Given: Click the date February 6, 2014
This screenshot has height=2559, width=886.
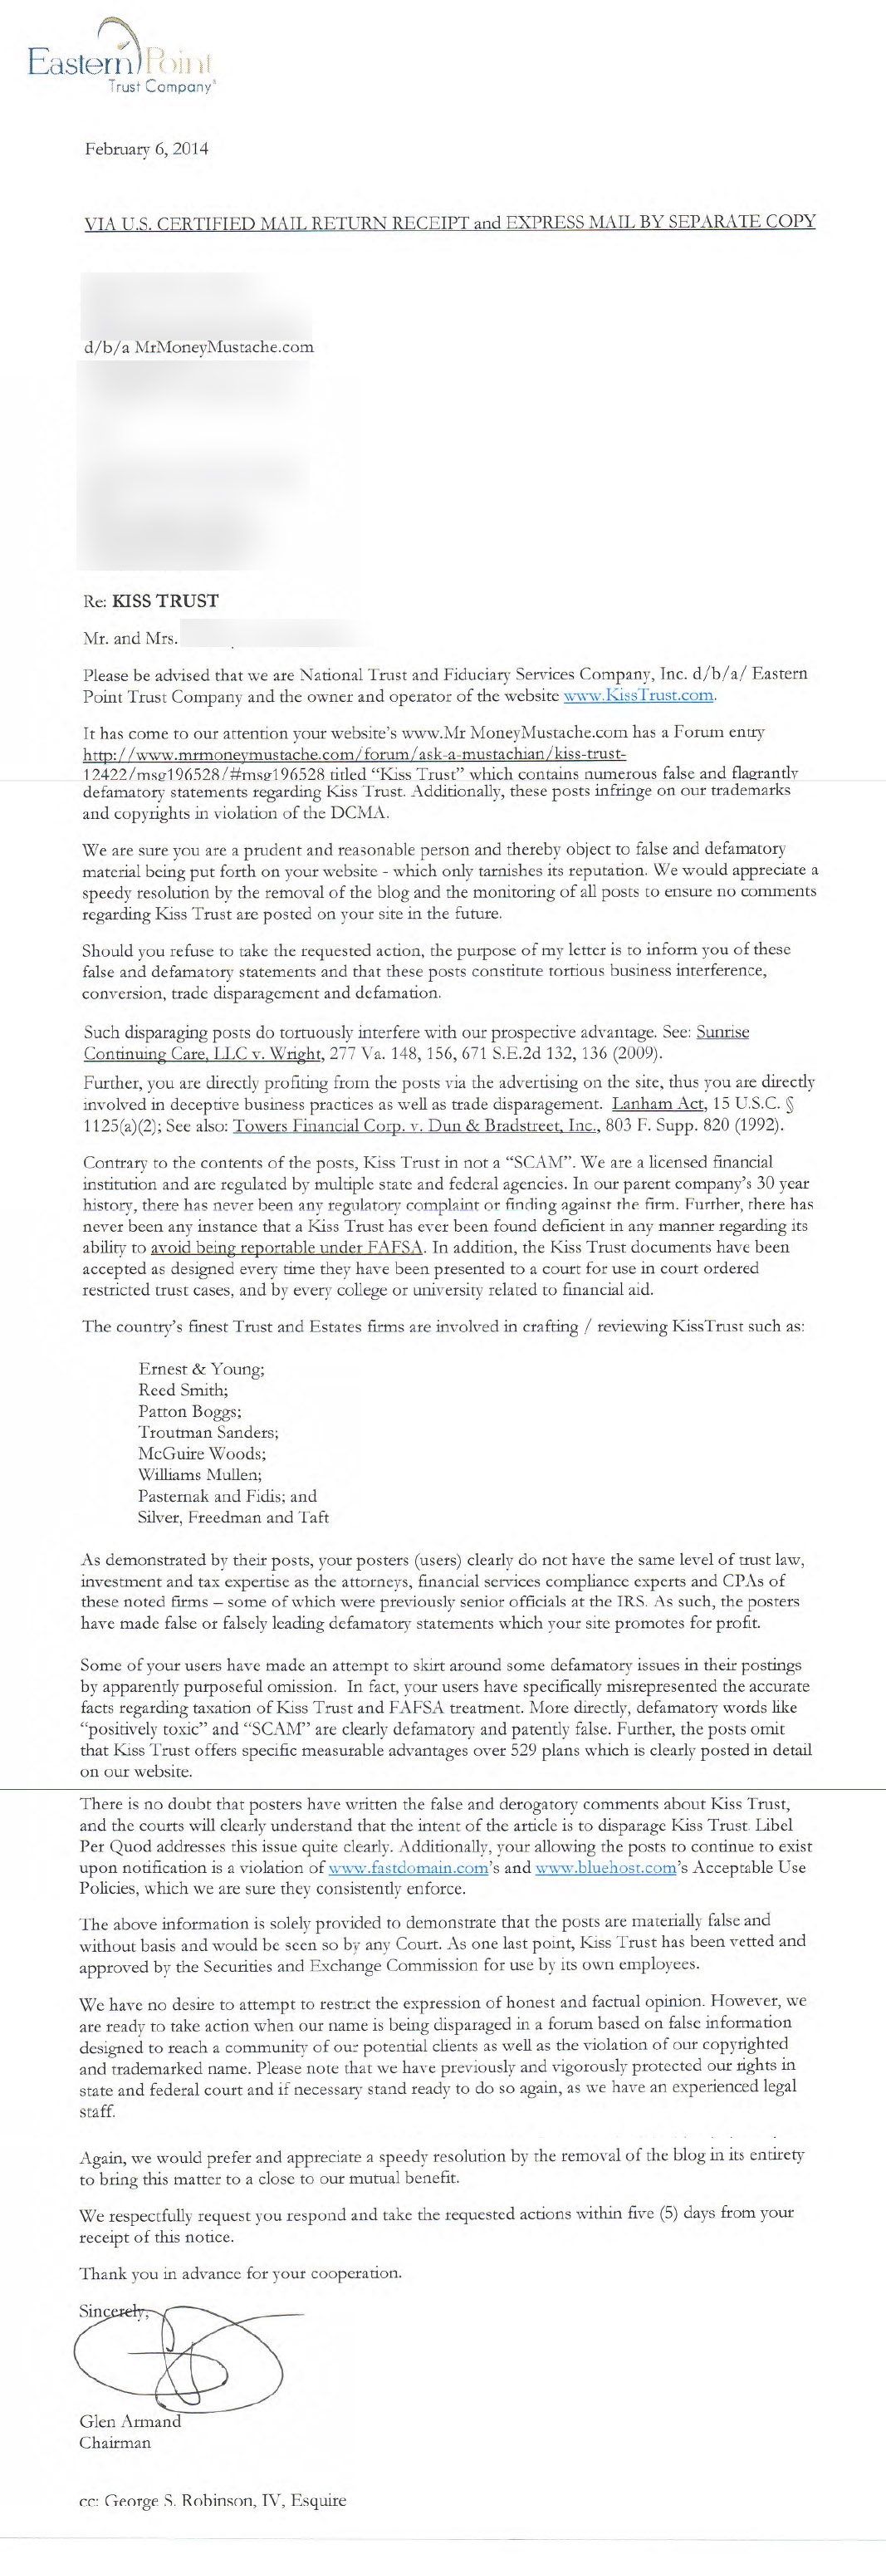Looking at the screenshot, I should pos(146,149).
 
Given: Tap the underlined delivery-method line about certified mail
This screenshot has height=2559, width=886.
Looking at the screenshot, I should pos(449,223).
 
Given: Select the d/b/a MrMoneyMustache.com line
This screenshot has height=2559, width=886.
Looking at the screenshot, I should pos(198,346).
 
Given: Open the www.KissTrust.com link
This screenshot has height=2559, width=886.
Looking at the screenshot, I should pos(639,695).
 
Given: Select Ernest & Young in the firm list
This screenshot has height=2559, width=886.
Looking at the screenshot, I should pos(202,1369).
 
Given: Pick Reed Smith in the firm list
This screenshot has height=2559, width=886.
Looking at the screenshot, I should pos(183,1390).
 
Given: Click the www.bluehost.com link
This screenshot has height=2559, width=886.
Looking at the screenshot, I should pos(606,1868).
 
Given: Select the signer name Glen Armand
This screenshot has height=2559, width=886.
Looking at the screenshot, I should pos(130,2422).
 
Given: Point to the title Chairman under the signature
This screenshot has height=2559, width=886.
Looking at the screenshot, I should pos(115,2443).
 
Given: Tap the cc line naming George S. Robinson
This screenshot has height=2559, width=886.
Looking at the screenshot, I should pos(213,2500).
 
